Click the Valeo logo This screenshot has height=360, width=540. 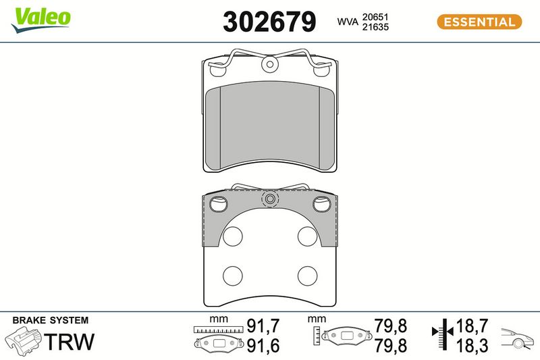coord(41,20)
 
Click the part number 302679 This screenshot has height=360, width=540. coord(269,22)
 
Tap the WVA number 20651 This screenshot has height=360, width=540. coord(375,17)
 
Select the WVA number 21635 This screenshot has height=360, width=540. coord(375,27)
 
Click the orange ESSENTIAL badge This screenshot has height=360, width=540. coord(479,22)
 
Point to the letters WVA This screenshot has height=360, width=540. coord(348,22)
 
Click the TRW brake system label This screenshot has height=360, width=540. coord(70,342)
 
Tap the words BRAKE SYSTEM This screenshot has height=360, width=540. coord(51,320)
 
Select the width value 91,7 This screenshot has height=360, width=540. coord(263,326)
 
